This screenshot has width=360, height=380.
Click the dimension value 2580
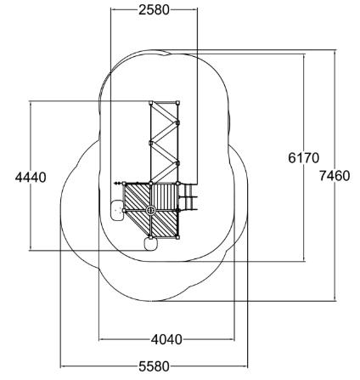154,10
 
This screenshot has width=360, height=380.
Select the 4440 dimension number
31,178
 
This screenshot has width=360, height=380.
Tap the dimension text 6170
303,158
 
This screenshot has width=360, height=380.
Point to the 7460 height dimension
335,176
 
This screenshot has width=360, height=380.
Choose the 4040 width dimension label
166,339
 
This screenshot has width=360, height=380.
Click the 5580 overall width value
154,366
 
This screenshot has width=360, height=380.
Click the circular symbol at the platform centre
150,210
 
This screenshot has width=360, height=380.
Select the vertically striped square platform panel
164,197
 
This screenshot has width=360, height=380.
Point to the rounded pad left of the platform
117,210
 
